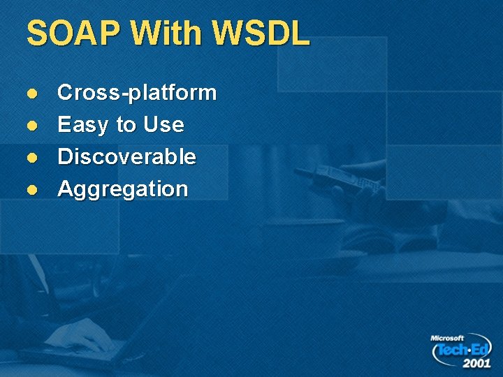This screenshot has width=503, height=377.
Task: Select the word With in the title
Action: [166, 34]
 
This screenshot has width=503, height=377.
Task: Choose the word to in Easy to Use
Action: [126, 126]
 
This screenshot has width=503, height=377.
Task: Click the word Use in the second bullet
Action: [163, 126]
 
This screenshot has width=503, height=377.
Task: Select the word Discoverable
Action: [126, 157]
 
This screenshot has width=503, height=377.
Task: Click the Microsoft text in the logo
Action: [447, 338]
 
